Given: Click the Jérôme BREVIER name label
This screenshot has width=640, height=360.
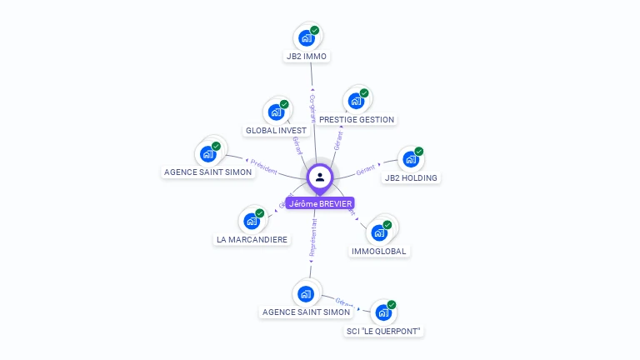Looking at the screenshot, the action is click(x=320, y=203).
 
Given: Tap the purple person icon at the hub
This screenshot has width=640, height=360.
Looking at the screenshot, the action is click(x=320, y=177).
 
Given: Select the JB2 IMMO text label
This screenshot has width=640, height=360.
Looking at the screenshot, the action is click(x=306, y=57).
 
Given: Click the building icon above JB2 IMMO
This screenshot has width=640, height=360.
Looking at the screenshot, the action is click(x=307, y=37).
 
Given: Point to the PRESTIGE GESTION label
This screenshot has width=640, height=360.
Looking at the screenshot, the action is click(x=357, y=119).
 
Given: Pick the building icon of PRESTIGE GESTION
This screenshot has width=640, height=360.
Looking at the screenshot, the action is click(x=356, y=101).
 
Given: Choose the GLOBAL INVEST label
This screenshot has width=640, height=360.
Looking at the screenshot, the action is click(x=276, y=131).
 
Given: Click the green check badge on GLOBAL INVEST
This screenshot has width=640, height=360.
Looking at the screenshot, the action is click(x=284, y=104).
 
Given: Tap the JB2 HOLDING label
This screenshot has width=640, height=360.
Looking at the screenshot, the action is click(x=411, y=177).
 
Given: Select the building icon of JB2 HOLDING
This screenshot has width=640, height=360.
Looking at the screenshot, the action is click(x=409, y=159).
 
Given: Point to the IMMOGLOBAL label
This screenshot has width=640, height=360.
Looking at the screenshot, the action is click(x=380, y=251).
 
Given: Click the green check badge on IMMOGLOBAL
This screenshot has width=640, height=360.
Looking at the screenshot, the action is click(x=387, y=224).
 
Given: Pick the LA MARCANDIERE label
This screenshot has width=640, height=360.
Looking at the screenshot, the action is click(x=252, y=240).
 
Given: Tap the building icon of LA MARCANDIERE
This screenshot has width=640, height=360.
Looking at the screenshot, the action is click(x=251, y=222).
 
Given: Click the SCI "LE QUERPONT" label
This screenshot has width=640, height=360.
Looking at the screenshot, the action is click(x=384, y=331).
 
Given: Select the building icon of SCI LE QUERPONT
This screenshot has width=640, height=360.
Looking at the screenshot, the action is click(x=382, y=312).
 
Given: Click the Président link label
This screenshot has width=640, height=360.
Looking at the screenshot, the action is click(x=264, y=167).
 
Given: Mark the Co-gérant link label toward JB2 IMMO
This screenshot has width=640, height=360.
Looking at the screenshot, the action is click(x=312, y=108).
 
